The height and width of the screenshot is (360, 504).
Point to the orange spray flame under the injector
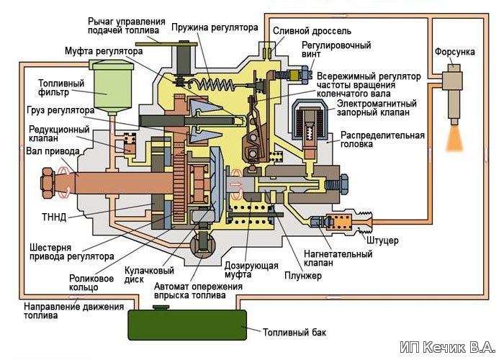pyautogui.click(x=455, y=138)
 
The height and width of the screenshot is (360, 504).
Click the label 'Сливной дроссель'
pyautogui.click(x=311, y=32)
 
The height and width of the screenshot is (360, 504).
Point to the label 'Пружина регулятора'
pyautogui.click(x=215, y=27)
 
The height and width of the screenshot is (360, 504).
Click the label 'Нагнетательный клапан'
pyautogui.click(x=338, y=257)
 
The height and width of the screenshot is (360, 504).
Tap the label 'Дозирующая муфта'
pyautogui.click(x=252, y=269)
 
